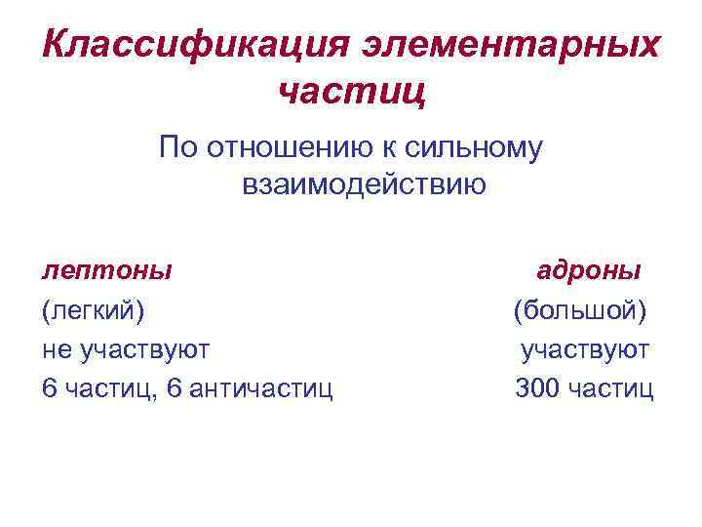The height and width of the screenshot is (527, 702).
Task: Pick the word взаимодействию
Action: [x=363, y=184]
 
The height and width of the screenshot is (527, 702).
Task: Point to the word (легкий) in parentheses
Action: [x=93, y=310]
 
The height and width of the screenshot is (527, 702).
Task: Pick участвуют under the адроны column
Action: [x=585, y=349]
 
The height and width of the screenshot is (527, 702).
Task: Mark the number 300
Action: [x=536, y=389]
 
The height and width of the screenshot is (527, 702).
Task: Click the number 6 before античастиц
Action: [x=175, y=389]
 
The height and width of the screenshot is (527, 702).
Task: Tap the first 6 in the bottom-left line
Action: [x=49, y=389]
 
